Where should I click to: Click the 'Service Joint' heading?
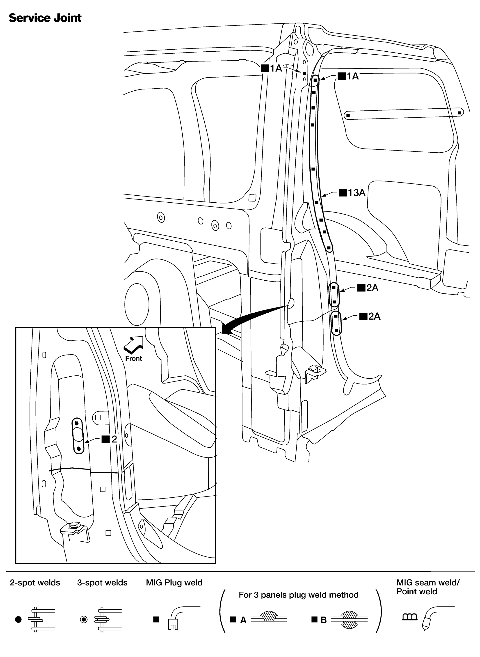(45, 18)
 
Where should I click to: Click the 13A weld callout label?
(352, 193)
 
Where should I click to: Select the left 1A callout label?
(272, 68)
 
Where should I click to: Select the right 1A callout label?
(348, 76)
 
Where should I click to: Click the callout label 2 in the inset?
(110, 439)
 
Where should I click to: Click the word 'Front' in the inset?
(133, 359)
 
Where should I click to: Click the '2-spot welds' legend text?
(35, 583)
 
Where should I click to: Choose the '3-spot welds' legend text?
(102, 583)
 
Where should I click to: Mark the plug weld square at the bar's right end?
(459, 113)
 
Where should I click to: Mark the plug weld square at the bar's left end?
(348, 116)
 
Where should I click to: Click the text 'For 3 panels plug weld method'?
(298, 595)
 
